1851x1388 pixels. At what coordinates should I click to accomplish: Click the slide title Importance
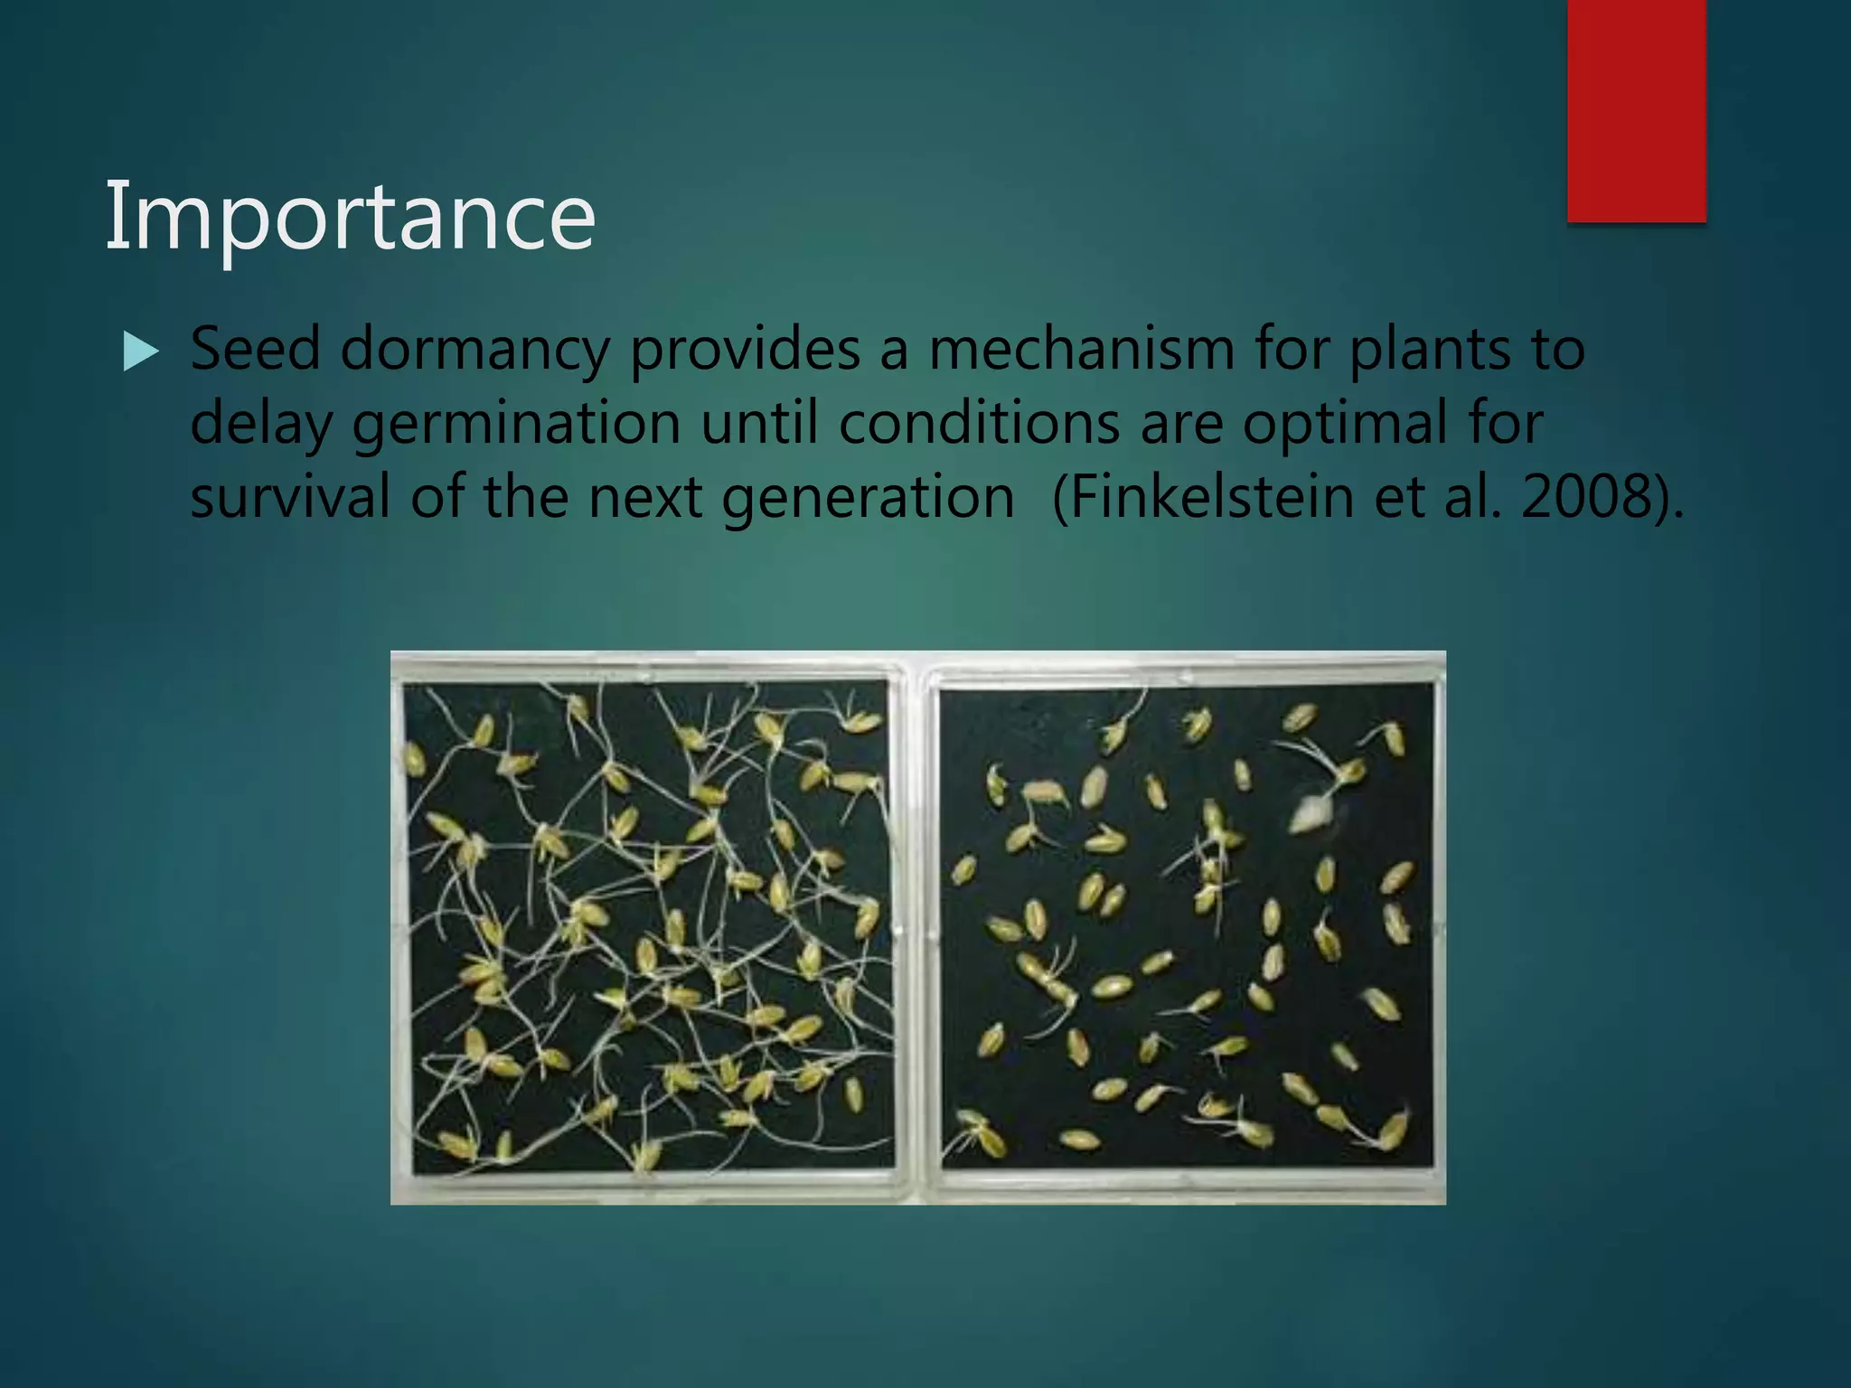(350, 217)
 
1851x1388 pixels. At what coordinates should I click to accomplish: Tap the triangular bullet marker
(140, 352)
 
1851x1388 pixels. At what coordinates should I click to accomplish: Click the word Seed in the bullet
(255, 349)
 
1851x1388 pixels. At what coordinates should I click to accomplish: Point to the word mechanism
(1081, 349)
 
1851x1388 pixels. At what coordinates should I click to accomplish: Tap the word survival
(290, 497)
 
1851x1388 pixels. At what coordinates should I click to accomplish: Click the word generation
(868, 499)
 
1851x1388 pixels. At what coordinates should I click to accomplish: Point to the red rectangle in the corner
(1636, 110)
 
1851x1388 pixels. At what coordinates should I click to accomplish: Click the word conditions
(979, 423)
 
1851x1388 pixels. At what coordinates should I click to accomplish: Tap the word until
(759, 423)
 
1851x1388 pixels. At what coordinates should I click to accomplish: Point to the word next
(645, 497)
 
